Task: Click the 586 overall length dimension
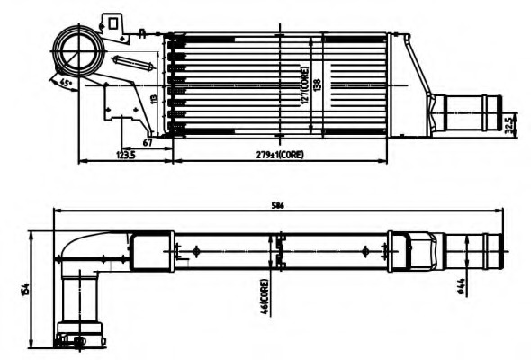(278, 206)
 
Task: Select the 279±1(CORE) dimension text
(280, 155)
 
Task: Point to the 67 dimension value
(148, 142)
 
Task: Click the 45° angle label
(65, 83)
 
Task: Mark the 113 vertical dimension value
(154, 99)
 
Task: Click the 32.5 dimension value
(509, 123)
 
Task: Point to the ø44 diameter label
(461, 286)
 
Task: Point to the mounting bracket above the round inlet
(114, 22)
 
